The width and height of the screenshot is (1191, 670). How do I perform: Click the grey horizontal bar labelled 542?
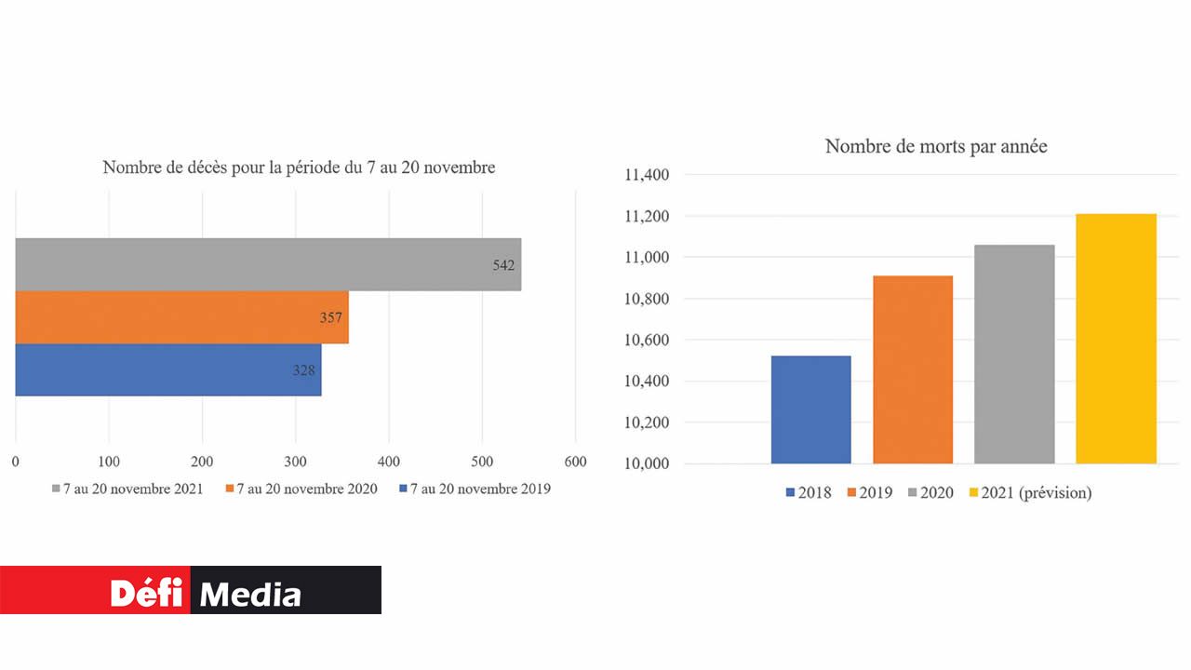[268, 264]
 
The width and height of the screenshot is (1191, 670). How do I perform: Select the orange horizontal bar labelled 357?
[181, 317]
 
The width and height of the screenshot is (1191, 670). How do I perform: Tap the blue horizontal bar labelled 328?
[167, 369]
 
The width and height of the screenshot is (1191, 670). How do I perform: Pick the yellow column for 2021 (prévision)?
[1116, 339]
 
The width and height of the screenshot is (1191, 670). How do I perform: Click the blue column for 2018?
[810, 409]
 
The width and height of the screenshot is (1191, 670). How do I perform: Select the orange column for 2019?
[913, 369]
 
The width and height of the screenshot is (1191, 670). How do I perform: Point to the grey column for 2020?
[1014, 354]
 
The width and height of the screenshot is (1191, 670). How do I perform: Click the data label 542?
[503, 265]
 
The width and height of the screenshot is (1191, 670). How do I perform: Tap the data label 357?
[331, 318]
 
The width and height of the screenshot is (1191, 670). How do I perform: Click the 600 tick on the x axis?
[575, 462]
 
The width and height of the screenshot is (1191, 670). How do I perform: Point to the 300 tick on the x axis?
[296, 462]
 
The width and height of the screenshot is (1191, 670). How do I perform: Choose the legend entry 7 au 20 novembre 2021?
[127, 489]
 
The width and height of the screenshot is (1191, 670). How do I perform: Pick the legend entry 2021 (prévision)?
[1030, 492]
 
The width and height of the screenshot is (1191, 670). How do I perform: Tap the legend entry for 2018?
[809, 492]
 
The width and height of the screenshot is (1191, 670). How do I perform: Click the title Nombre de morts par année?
[936, 146]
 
